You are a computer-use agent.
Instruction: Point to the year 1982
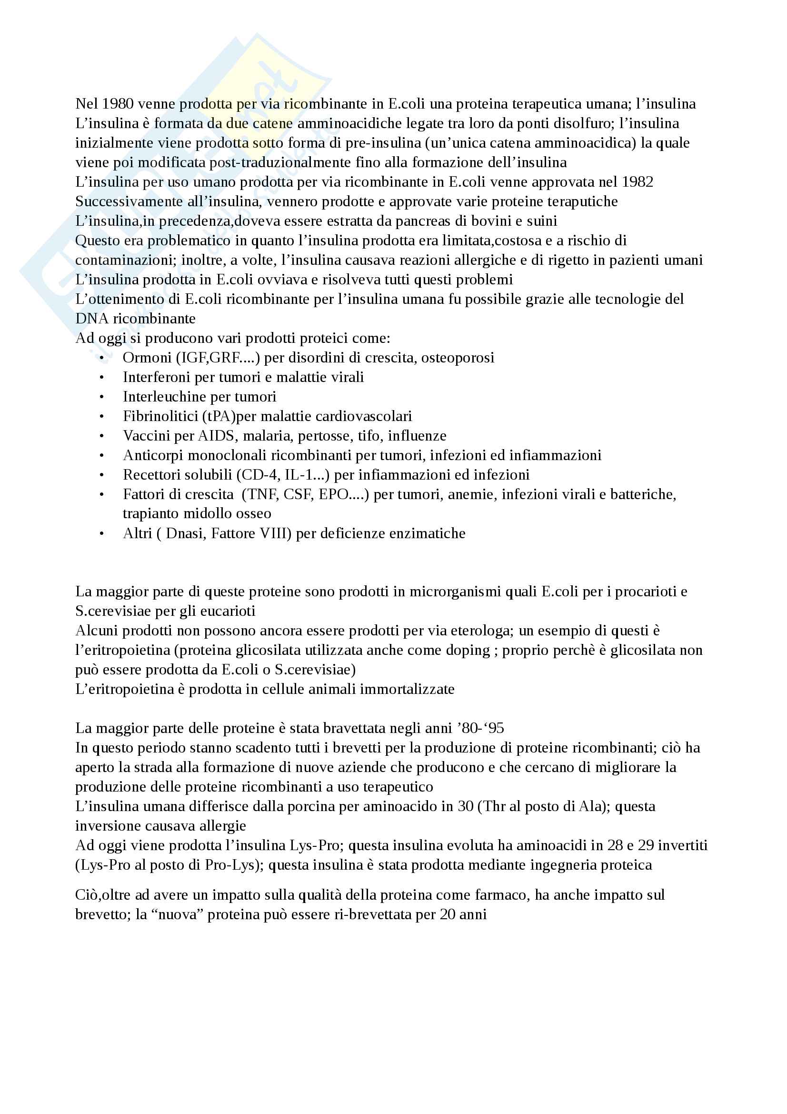[637, 182]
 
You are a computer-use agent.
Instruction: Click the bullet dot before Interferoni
[102, 378]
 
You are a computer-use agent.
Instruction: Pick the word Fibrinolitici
[160, 416]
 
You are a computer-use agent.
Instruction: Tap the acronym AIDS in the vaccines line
[216, 436]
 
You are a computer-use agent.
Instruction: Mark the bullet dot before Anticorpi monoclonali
[102, 456]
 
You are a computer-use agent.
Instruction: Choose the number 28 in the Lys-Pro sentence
[615, 845]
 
